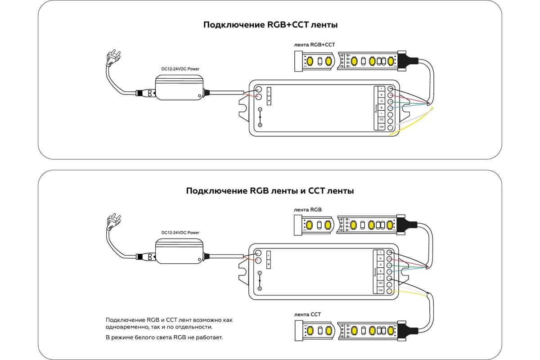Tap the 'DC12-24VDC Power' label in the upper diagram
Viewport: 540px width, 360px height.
(180, 69)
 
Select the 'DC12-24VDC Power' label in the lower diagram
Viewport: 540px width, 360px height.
(180, 233)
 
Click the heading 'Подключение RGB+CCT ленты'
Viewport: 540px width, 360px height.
(270, 25)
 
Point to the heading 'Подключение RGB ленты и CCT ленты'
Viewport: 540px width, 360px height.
(270, 191)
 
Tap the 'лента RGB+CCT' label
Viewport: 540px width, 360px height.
(314, 45)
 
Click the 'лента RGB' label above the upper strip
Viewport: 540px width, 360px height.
(308, 209)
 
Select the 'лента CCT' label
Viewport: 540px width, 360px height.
(307, 314)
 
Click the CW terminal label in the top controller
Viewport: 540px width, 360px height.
(381, 127)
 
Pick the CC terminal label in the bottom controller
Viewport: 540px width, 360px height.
(381, 283)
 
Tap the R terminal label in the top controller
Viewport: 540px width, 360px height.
(381, 95)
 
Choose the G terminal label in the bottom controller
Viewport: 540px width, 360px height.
(381, 265)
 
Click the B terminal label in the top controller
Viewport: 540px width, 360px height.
(381, 108)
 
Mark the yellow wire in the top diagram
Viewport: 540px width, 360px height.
(414, 126)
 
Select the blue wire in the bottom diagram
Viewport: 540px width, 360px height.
(407, 270)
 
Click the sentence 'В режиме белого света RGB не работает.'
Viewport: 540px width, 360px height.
(164, 337)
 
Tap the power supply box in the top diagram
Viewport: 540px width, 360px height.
(178, 88)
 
